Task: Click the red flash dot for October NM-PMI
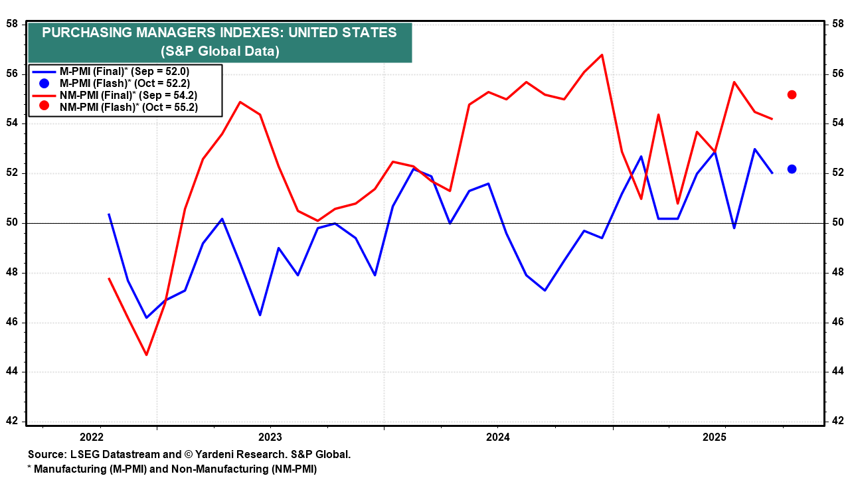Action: pos(792,95)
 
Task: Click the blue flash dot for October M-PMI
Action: pos(792,169)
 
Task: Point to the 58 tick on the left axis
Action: pos(12,24)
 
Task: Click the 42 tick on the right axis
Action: pos(838,421)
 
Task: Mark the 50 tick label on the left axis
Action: pos(12,222)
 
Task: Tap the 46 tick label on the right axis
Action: pos(838,321)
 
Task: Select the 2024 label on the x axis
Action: pos(497,438)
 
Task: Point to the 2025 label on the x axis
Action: pos(715,438)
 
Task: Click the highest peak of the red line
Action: pos(602,54)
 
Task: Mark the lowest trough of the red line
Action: pos(146,355)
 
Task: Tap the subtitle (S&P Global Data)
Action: pos(220,51)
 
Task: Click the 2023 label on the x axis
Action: pos(270,438)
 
